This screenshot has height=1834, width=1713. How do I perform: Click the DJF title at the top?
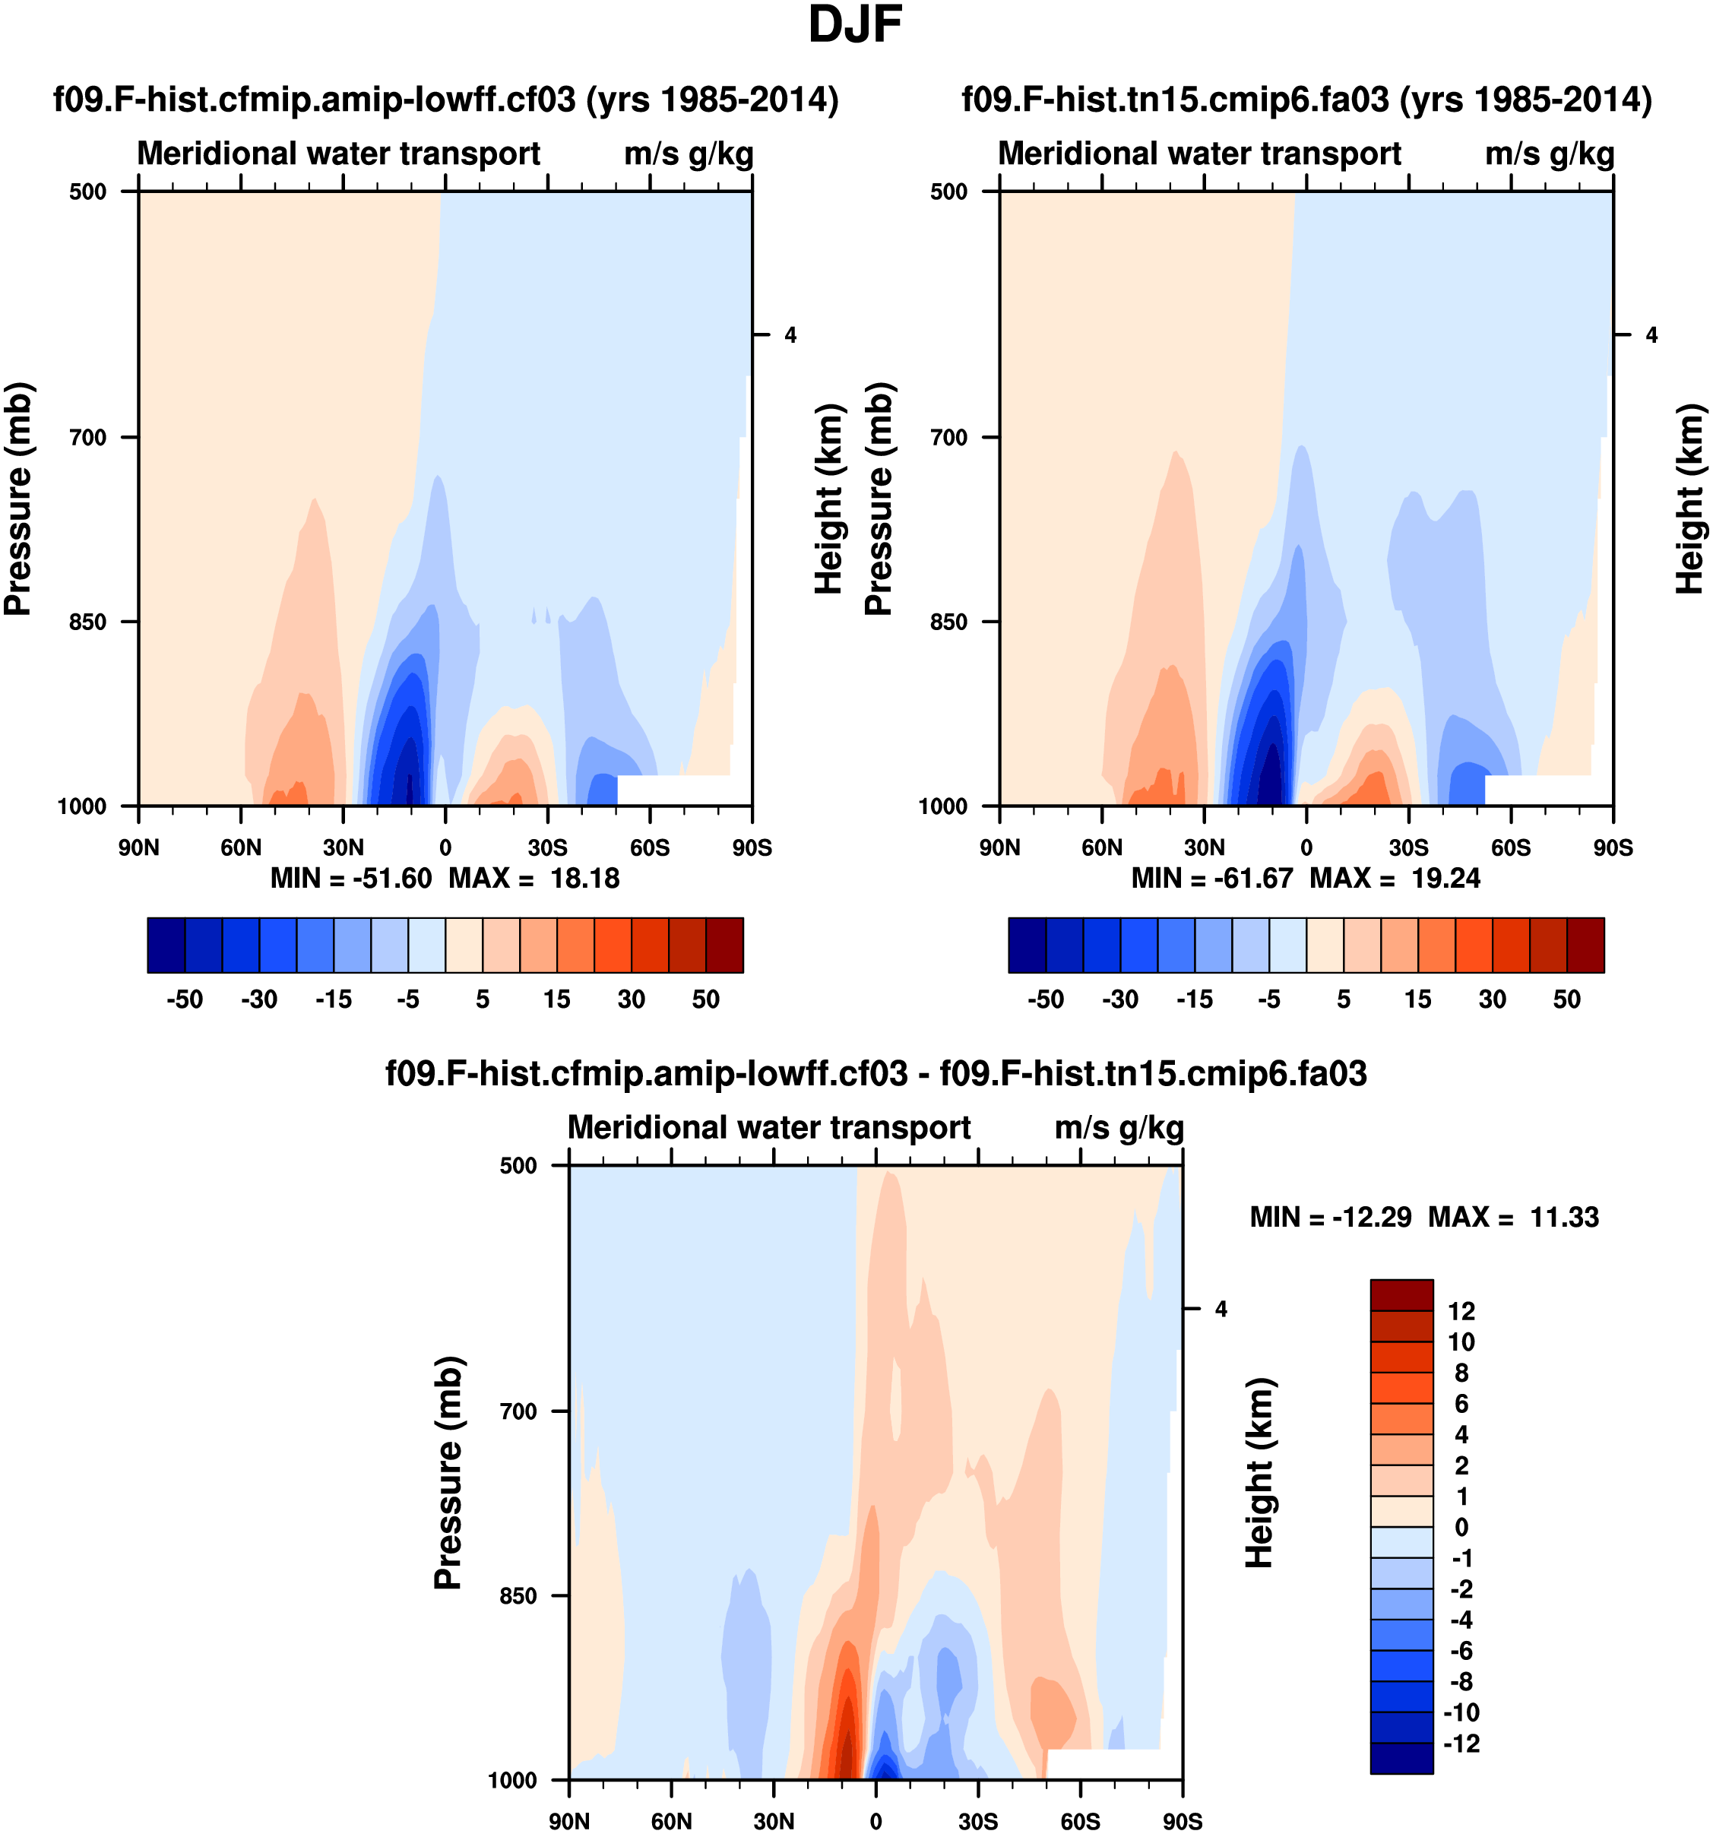tap(854, 26)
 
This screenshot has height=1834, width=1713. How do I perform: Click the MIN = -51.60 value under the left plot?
tap(350, 879)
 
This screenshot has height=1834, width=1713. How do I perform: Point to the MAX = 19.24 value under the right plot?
tap(1395, 879)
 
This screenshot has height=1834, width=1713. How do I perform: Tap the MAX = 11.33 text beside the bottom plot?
tap(1513, 1218)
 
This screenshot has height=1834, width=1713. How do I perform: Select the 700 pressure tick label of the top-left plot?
tap(89, 437)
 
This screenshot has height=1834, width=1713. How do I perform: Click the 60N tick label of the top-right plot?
tap(1101, 847)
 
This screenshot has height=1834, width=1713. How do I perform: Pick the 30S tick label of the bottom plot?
tap(978, 1821)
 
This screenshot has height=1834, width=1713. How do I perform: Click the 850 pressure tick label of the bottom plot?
tap(518, 1595)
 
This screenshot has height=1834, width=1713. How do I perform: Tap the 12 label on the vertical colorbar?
tap(1461, 1311)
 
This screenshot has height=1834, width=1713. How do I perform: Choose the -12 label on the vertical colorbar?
tap(1461, 1744)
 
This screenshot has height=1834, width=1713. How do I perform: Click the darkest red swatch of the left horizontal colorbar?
tap(724, 945)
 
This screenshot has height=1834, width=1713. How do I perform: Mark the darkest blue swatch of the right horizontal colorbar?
tap(1027, 945)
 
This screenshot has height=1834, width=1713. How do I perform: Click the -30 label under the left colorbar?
tap(259, 999)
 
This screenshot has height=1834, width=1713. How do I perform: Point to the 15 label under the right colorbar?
tap(1418, 999)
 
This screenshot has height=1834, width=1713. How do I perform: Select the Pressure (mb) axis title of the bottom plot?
tap(448, 1472)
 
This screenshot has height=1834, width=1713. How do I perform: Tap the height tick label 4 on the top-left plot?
tap(790, 336)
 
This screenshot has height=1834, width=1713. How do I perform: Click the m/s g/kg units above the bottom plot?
tap(1118, 1127)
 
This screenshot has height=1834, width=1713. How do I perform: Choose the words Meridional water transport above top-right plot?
tap(1199, 153)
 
